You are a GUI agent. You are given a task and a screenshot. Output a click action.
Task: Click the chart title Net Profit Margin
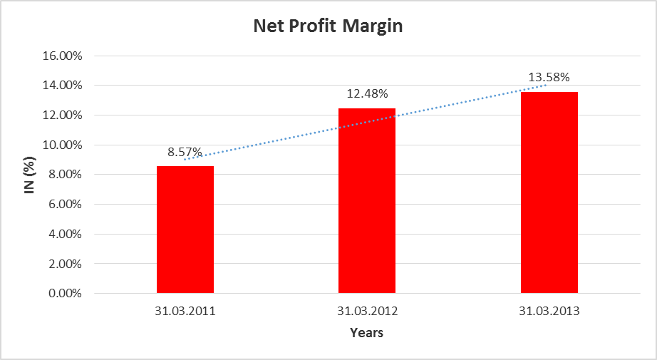pyautogui.click(x=328, y=27)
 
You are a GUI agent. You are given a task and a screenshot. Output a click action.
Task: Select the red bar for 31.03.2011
pyautogui.click(x=185, y=230)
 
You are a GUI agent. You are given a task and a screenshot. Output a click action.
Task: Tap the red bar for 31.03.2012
pyautogui.click(x=367, y=200)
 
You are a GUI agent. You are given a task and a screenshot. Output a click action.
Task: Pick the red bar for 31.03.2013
pyautogui.click(x=549, y=192)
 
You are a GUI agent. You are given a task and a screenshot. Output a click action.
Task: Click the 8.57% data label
pyautogui.click(x=185, y=153)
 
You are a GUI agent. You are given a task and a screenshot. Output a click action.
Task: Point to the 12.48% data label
pyautogui.click(x=367, y=94)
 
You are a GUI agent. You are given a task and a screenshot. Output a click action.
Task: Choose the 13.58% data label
pyautogui.click(x=549, y=77)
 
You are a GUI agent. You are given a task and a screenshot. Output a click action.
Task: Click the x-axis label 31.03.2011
pyautogui.click(x=185, y=312)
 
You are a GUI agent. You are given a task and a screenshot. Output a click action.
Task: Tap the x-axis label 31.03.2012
pyautogui.click(x=367, y=312)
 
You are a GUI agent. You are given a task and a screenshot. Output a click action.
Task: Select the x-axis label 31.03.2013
pyautogui.click(x=549, y=312)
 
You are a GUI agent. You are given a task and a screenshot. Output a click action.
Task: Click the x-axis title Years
pyautogui.click(x=367, y=333)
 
